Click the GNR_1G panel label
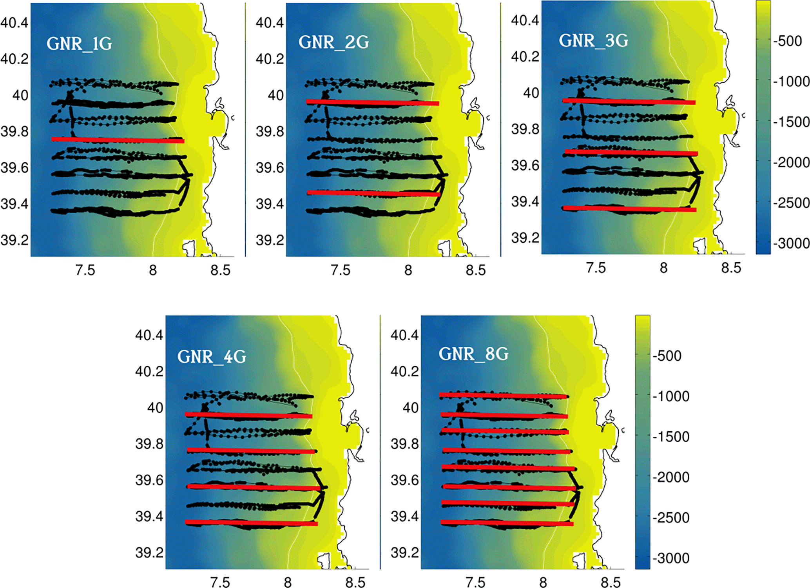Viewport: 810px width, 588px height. (79, 44)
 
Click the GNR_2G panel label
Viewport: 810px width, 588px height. (333, 42)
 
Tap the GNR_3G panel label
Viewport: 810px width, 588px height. (593, 40)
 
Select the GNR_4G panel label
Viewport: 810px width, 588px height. (212, 356)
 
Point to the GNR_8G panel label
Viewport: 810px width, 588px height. (473, 354)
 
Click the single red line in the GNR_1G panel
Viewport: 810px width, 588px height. (118, 140)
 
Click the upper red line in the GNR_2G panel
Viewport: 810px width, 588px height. (372, 103)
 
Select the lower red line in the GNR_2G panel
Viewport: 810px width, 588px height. (372, 193)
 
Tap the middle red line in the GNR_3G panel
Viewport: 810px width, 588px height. (631, 152)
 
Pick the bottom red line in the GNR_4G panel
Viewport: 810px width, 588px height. (251, 523)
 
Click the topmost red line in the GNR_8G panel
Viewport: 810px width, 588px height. (504, 396)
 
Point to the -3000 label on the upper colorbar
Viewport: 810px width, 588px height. (791, 243)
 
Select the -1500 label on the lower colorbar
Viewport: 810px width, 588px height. (670, 437)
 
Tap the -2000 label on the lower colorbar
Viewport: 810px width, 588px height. (670, 477)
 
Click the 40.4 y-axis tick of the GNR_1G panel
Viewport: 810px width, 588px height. (14, 23)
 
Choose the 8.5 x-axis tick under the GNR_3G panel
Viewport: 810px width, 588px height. (731, 268)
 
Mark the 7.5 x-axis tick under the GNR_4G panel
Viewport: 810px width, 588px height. (220, 582)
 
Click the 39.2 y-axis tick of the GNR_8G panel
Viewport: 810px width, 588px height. (404, 553)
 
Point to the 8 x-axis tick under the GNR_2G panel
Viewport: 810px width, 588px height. (408, 270)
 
